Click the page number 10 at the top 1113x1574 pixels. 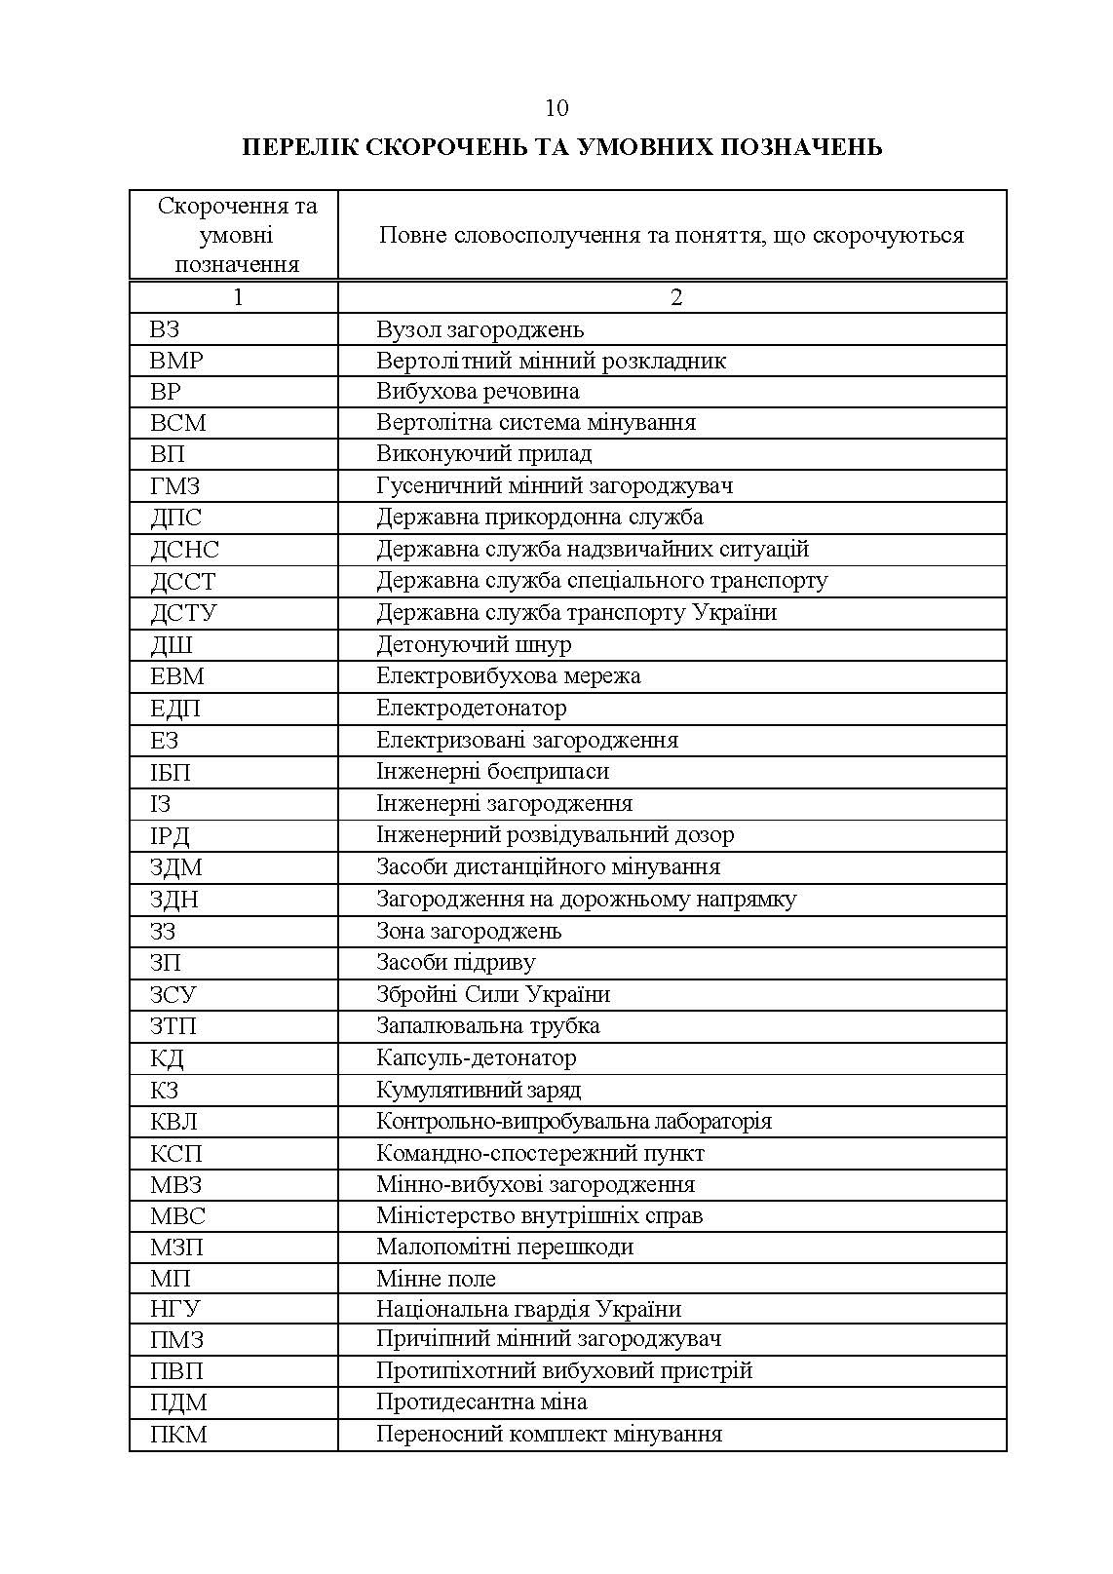pyautogui.click(x=556, y=107)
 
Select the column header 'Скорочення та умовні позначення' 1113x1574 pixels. pyautogui.click(x=237, y=236)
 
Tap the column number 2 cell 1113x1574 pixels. pyautogui.click(x=676, y=297)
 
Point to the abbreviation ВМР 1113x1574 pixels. pyautogui.click(x=176, y=361)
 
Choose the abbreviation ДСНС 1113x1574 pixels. pyautogui.click(x=184, y=550)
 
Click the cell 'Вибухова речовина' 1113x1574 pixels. pyautogui.click(x=478, y=392)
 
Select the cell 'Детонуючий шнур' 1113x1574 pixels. pyautogui.click(x=474, y=645)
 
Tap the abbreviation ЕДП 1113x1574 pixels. pyautogui.click(x=175, y=709)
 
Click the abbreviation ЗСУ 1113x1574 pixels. pyautogui.click(x=173, y=995)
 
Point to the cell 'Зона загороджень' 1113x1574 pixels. pyautogui.click(x=469, y=931)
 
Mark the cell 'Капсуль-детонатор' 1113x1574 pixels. pyautogui.click(x=476, y=1058)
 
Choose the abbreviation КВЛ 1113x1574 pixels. pyautogui.click(x=173, y=1122)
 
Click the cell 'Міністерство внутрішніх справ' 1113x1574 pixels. pyautogui.click(x=539, y=1216)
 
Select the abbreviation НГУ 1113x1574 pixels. pyautogui.click(x=175, y=1310)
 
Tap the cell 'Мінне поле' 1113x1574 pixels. pyautogui.click(x=436, y=1279)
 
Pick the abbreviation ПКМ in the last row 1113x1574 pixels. pyautogui.click(x=178, y=1435)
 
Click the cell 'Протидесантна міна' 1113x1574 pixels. pyautogui.click(x=481, y=1402)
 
